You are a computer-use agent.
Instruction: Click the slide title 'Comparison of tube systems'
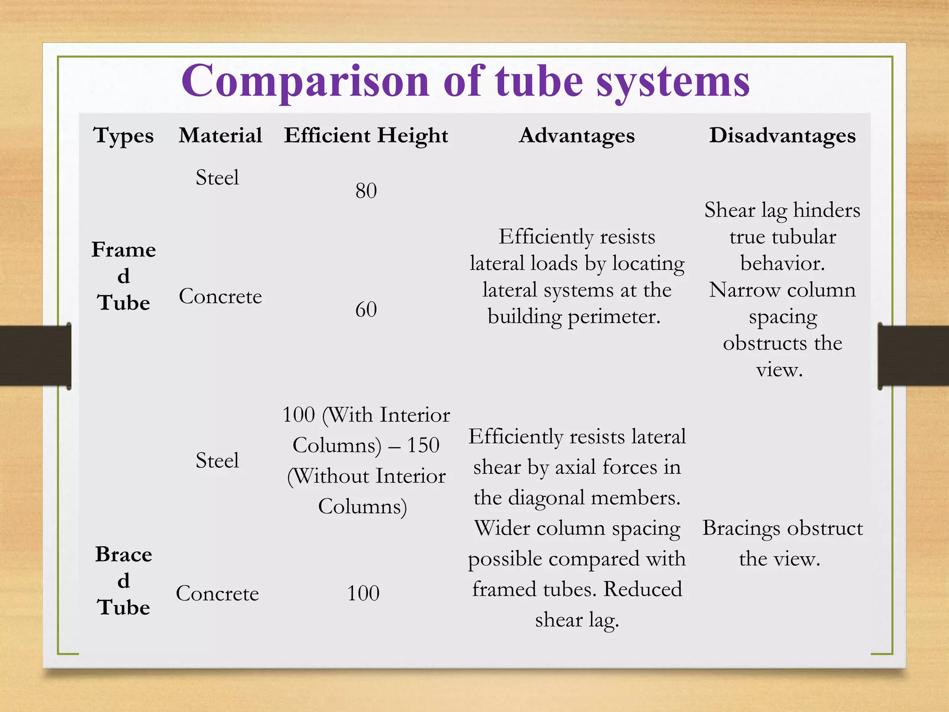click(465, 81)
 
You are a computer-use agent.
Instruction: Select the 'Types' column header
click(124, 136)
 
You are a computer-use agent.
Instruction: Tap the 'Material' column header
click(221, 135)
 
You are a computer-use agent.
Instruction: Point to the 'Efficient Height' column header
click(366, 135)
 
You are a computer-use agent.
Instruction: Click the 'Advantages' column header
click(577, 135)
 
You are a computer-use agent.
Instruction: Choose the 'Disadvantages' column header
click(783, 135)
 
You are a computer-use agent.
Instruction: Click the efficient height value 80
click(366, 191)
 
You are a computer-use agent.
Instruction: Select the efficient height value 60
click(366, 309)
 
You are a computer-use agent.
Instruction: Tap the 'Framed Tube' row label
click(124, 276)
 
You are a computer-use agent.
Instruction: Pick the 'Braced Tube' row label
click(124, 580)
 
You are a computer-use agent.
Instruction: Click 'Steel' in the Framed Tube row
click(217, 178)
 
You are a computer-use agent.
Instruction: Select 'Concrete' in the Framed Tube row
click(221, 296)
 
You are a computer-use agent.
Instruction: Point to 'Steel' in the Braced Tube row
click(217, 460)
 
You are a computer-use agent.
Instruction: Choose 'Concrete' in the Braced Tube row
click(217, 593)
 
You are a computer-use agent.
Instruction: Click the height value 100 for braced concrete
click(363, 593)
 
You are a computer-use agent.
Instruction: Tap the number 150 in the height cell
click(423, 445)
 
